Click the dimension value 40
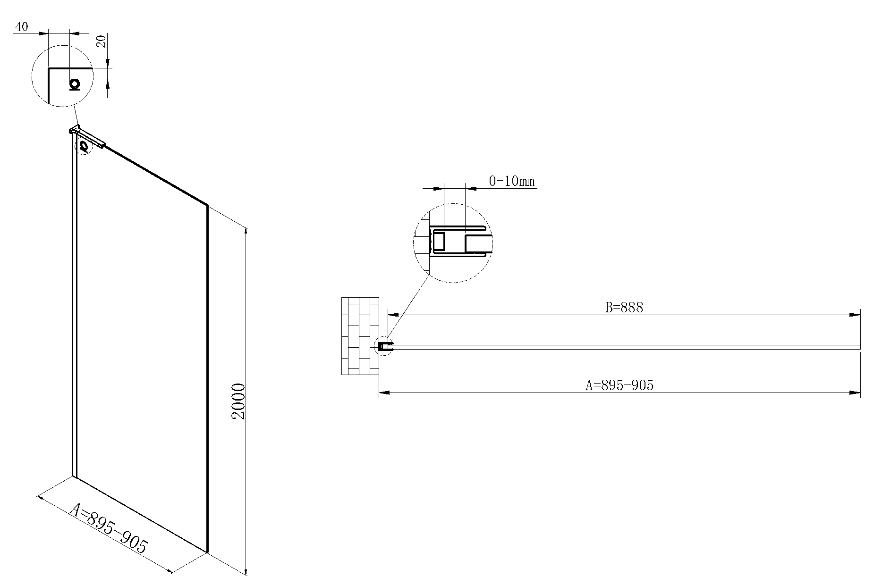pyautogui.click(x=22, y=27)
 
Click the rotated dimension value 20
pyautogui.click(x=101, y=41)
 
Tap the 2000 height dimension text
pyautogui.click(x=238, y=401)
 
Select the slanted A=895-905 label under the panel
pyautogui.click(x=109, y=528)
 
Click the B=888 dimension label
pyautogui.click(x=624, y=308)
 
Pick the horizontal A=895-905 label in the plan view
pyautogui.click(x=619, y=385)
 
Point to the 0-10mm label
pyautogui.click(x=512, y=181)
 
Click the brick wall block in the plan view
pyautogui.click(x=360, y=336)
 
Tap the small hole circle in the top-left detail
pyautogui.click(x=74, y=84)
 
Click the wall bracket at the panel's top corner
pyautogui.click(x=87, y=136)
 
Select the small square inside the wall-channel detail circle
pyautogui.click(x=439, y=241)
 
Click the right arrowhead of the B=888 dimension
pyautogui.click(x=855, y=315)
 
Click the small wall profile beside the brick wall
pyautogui.click(x=385, y=346)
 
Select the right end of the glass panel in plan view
pyautogui.click(x=859, y=347)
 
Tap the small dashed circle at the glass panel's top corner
pyautogui.click(x=84, y=146)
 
